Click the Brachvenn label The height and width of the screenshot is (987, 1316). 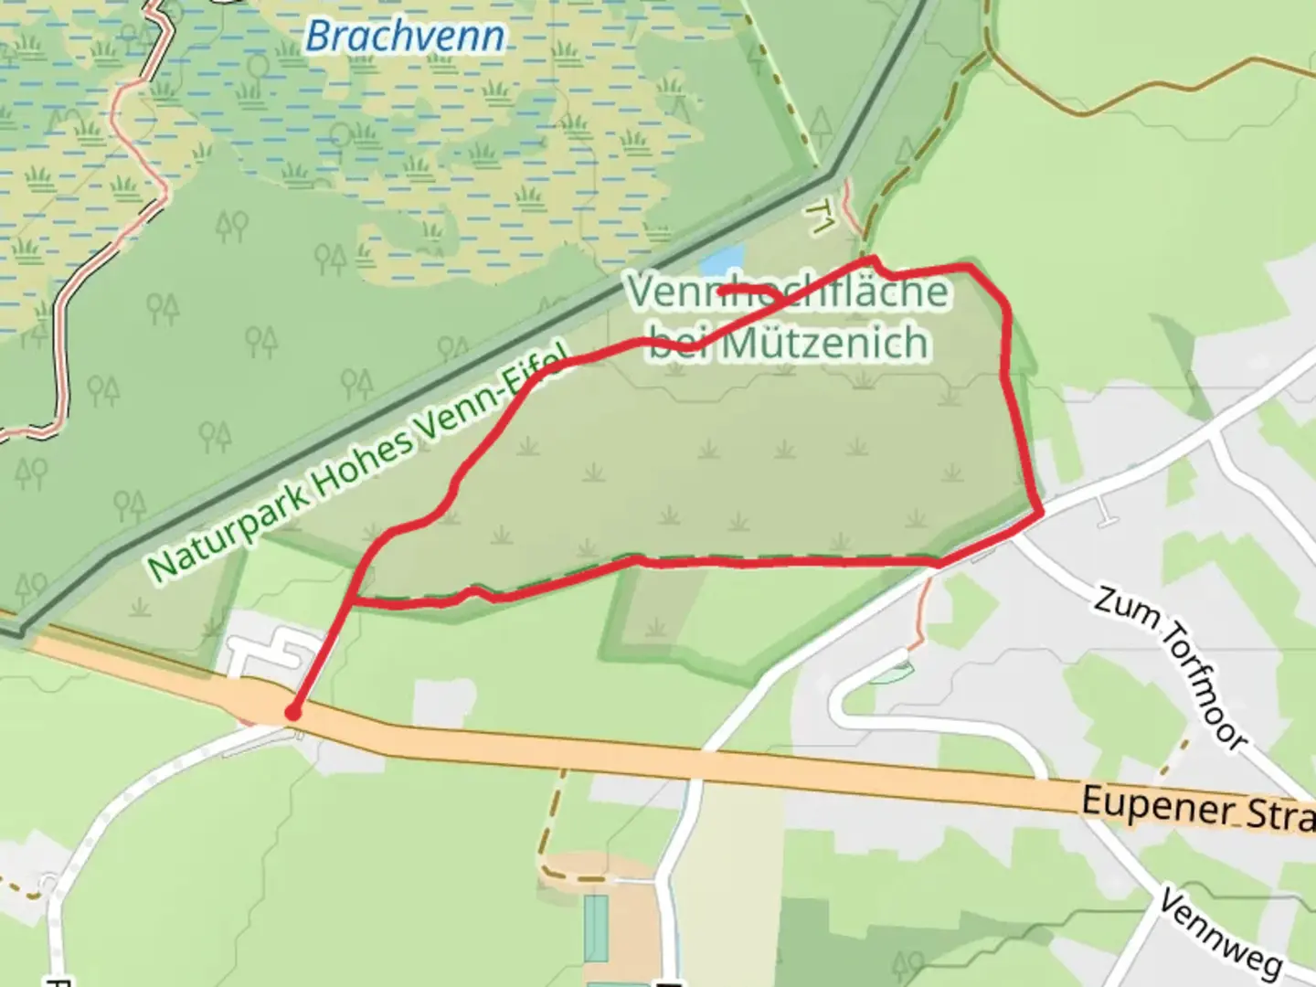pos(404,37)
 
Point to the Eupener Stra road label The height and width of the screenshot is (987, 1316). pos(1197,810)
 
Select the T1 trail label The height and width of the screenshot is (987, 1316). pos(821,217)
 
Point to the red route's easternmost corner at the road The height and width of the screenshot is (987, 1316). pos(1041,515)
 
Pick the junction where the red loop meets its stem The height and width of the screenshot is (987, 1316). pos(350,601)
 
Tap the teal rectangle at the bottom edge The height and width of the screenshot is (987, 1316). pos(596,928)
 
